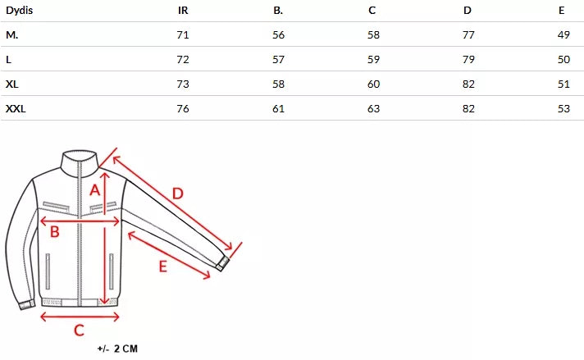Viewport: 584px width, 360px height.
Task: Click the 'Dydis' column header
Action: (x=20, y=10)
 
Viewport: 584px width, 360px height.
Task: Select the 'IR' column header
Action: (x=183, y=11)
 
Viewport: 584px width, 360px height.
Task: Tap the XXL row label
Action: (x=16, y=109)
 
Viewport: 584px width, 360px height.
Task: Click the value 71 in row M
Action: (x=183, y=35)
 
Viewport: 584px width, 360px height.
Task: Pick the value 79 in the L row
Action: (x=468, y=60)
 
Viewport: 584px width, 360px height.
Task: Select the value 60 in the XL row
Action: (x=373, y=84)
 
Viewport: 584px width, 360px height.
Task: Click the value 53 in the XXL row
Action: (x=563, y=109)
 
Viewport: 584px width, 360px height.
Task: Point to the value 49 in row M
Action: (x=563, y=35)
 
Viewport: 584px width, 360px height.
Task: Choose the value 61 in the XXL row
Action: (x=278, y=109)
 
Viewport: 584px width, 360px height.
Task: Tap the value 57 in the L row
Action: (x=278, y=60)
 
